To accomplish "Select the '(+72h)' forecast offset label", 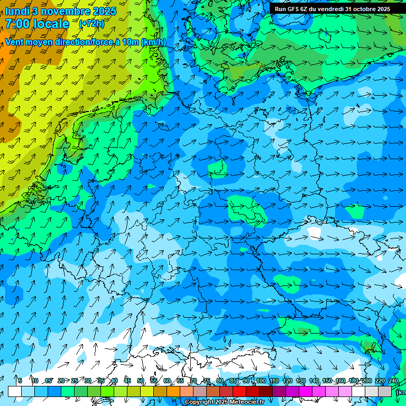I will tap(91, 24).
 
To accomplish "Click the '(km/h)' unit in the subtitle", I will tap(151, 42).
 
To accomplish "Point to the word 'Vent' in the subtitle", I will tap(16, 42).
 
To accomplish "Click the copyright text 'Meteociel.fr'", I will tap(243, 402).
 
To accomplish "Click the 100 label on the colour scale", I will tap(261, 381).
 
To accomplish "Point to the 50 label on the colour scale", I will tap(141, 381).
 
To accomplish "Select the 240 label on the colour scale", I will tap(393, 381).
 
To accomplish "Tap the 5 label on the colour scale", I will tap(20, 381).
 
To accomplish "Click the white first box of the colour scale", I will tap(15, 391).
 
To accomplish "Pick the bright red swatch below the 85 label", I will tap(239, 391).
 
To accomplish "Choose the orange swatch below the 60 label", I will tap(173, 391).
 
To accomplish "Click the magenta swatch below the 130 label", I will tap(306, 391).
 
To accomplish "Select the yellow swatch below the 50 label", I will tap(147, 391).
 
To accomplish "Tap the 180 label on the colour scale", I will tap(354, 381).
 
